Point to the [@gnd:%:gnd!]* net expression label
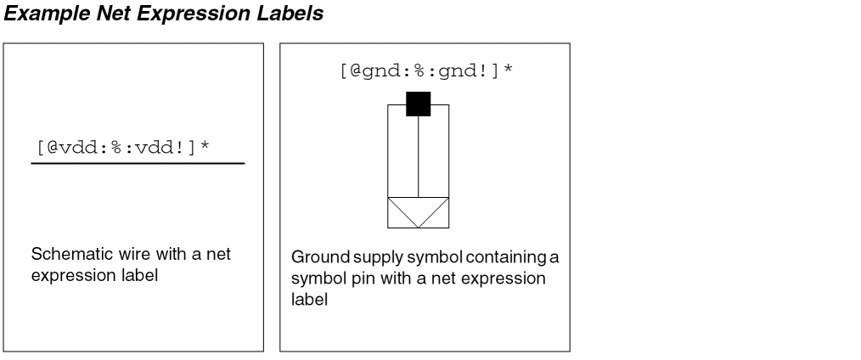click(425, 70)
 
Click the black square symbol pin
click(418, 104)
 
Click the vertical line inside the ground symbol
click(418, 157)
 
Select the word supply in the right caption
click(366, 257)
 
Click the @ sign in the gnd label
click(355, 70)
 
